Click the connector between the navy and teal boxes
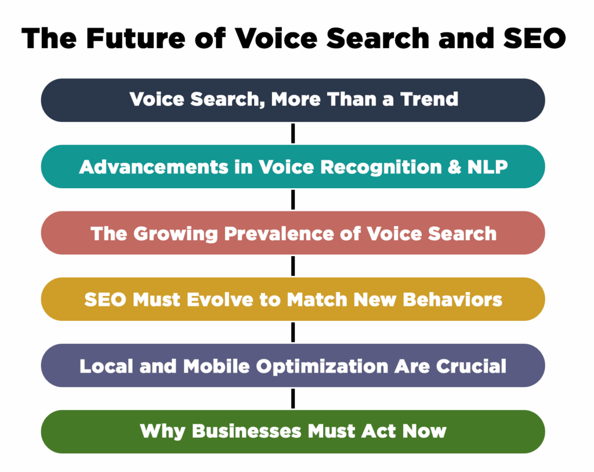[293, 133]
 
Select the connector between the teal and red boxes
[293, 200]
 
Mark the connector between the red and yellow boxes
[293, 266]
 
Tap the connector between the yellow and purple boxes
[293, 332]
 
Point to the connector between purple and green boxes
[293, 399]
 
